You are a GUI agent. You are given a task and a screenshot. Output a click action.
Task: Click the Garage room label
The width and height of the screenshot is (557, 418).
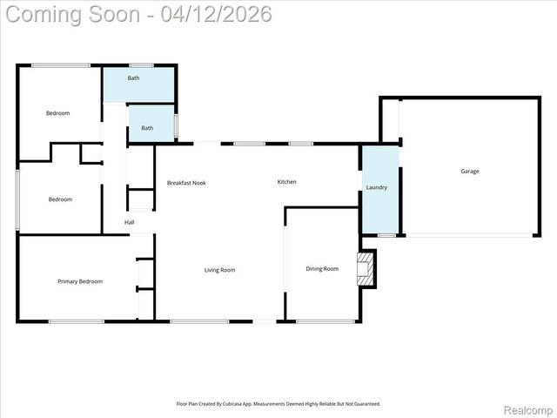click(x=469, y=172)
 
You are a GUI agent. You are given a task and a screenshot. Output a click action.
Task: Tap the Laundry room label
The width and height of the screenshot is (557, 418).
click(x=376, y=187)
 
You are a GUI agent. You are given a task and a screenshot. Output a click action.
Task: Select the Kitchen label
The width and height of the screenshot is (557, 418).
click(x=286, y=182)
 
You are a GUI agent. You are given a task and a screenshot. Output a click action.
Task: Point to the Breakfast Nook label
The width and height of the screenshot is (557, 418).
click(x=186, y=183)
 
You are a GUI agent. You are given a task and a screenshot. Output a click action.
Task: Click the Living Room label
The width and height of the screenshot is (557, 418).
click(x=219, y=270)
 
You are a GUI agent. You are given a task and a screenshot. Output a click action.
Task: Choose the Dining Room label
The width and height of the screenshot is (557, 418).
click(x=322, y=269)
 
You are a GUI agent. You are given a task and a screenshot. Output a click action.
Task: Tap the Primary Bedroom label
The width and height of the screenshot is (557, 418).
click(x=80, y=281)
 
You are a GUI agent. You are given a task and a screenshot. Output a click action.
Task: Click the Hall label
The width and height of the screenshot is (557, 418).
click(x=129, y=222)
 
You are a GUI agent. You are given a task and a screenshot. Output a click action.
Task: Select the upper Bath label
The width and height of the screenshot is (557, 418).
click(x=133, y=78)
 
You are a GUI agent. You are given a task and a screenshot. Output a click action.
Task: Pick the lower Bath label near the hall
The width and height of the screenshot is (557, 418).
click(x=147, y=128)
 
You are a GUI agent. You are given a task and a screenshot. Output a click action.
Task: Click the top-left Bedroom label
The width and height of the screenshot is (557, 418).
click(x=58, y=113)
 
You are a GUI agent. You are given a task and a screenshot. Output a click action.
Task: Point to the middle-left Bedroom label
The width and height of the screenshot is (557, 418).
click(x=60, y=199)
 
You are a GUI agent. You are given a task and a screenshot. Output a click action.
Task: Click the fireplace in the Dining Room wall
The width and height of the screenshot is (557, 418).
click(x=367, y=269)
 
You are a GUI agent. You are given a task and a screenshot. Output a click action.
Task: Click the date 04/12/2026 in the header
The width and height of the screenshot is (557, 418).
click(x=217, y=14)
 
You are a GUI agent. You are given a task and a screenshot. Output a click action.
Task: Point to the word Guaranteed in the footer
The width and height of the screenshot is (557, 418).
click(x=366, y=404)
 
